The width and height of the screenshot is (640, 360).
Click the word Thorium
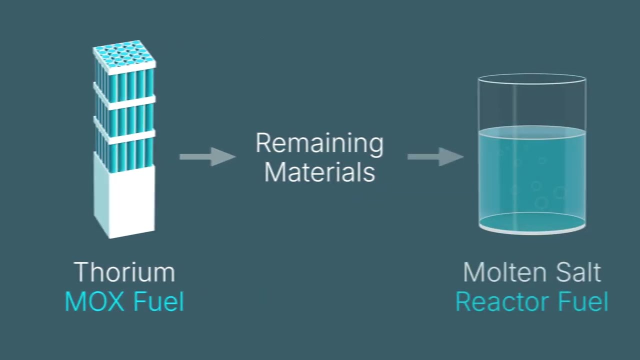(x=124, y=272)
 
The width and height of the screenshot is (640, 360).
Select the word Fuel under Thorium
(x=158, y=302)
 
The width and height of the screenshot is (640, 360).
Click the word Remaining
(x=319, y=143)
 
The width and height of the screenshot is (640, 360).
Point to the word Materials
(x=319, y=172)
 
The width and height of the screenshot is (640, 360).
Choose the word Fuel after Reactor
(x=583, y=302)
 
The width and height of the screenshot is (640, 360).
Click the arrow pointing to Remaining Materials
(x=207, y=156)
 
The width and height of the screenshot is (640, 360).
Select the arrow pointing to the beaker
(x=435, y=156)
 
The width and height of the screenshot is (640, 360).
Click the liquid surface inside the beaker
(x=531, y=132)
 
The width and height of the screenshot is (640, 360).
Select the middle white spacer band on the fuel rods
(x=125, y=102)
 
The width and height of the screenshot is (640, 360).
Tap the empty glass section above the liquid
(x=531, y=105)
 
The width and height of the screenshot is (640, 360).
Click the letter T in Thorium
(x=81, y=272)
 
